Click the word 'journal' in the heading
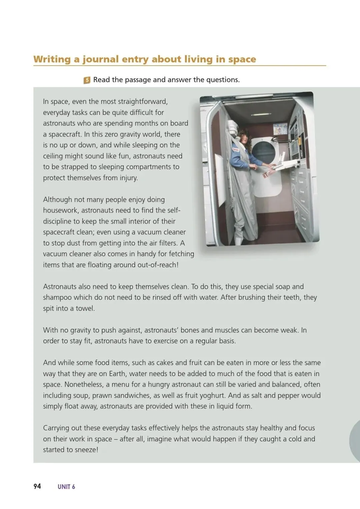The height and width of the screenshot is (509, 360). pyautogui.click(x=100, y=59)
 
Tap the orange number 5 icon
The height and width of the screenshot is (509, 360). pyautogui.click(x=87, y=80)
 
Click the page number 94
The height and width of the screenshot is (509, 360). pyautogui.click(x=37, y=486)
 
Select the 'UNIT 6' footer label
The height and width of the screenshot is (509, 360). pyautogui.click(x=66, y=487)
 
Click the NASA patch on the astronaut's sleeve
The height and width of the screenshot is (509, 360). pyautogui.click(x=236, y=150)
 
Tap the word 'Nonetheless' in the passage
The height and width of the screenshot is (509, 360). pyautogui.click(x=83, y=384)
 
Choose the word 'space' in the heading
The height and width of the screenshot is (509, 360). pyautogui.click(x=242, y=59)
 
